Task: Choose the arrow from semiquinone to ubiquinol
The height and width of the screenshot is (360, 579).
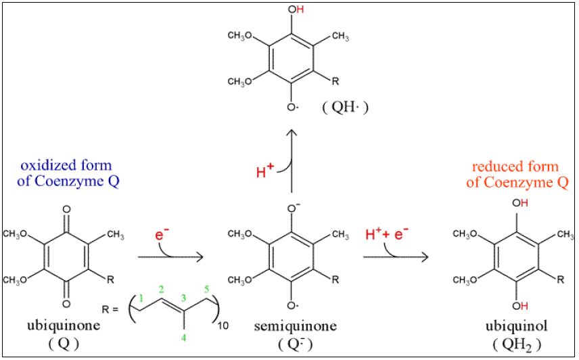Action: click(396, 258)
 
